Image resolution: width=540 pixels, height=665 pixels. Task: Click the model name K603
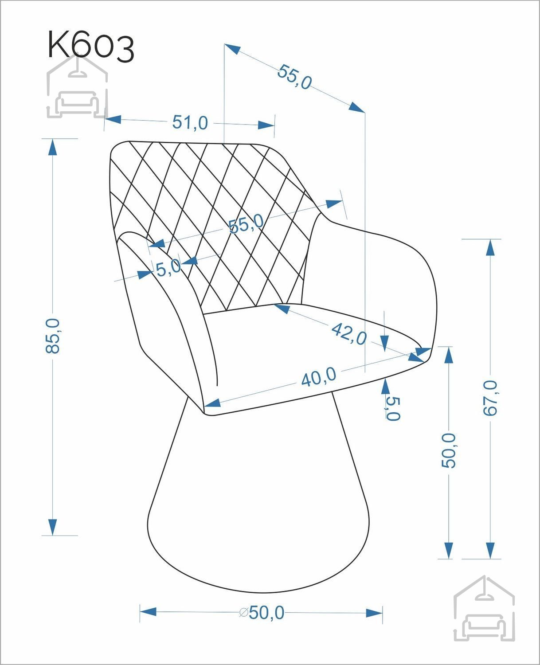91,46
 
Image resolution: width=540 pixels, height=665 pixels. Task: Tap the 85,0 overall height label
52,336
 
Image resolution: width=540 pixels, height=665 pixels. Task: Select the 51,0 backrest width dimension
190,122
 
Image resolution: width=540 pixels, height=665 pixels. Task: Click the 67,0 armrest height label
490,398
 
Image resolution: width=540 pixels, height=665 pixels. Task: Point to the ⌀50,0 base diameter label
262,612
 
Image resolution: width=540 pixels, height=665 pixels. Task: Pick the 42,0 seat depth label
349,334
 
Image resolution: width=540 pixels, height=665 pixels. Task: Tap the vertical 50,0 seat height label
449,450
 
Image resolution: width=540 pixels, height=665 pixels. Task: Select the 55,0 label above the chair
294,77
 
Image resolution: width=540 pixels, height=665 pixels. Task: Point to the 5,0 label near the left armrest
168,268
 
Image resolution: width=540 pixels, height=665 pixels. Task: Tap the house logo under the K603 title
77,87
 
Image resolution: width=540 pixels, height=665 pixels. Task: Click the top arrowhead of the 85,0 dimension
52,147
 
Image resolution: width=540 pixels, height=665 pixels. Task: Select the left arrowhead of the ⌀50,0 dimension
148,612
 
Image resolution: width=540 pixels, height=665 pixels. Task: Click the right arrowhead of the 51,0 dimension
266,125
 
